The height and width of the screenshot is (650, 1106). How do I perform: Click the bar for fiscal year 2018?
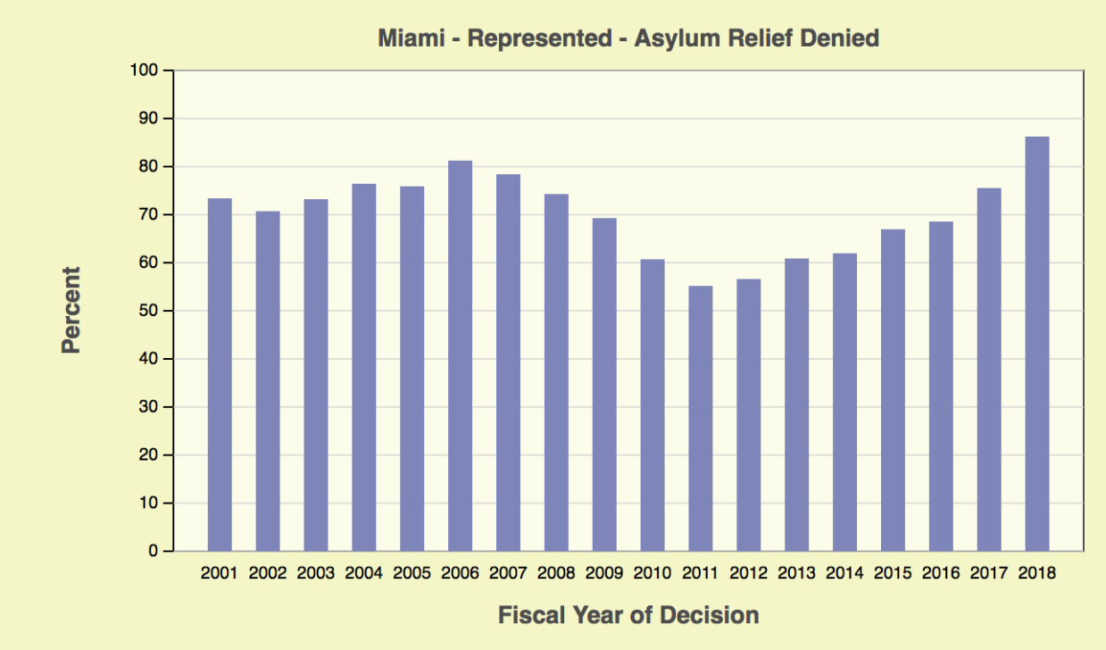(1036, 344)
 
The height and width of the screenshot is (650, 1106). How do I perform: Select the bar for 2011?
(700, 418)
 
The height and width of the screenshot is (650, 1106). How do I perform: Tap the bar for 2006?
(460, 355)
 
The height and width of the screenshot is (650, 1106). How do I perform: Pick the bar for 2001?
(220, 374)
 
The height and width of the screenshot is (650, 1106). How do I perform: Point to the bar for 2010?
(653, 404)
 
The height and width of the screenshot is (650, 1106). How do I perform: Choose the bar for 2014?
(844, 402)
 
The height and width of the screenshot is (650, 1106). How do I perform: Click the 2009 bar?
(604, 384)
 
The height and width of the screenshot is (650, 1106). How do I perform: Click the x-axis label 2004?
(363, 573)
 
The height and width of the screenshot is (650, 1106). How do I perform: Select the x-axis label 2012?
(748, 573)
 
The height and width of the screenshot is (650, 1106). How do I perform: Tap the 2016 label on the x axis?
(940, 573)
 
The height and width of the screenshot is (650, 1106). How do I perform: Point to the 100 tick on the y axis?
(143, 71)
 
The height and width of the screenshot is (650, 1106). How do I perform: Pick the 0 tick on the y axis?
(153, 551)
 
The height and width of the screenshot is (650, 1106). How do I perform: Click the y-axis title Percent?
(71, 310)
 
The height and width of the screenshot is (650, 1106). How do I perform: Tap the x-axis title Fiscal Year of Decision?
(628, 615)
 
